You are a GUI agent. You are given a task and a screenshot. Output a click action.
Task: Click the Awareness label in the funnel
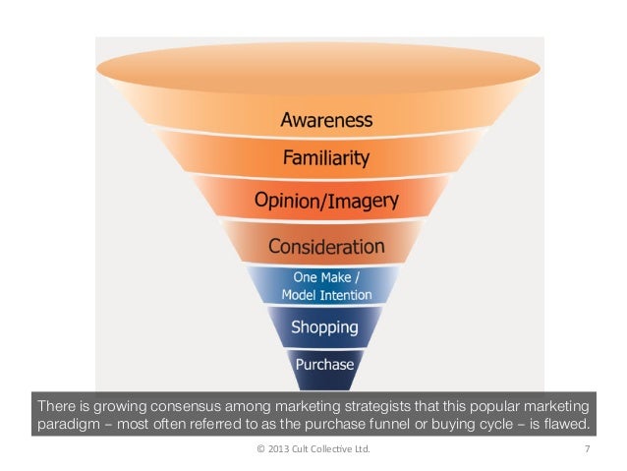click(326, 121)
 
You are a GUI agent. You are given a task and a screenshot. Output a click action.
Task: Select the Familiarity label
click(326, 156)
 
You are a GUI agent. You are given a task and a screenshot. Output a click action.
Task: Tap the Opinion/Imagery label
click(326, 201)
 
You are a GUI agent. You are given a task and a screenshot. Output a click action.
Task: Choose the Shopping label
click(325, 326)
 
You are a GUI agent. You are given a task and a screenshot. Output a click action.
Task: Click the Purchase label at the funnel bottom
click(325, 364)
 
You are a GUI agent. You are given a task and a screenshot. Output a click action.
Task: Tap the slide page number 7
click(586, 450)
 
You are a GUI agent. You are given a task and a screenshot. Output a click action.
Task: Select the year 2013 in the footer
click(274, 450)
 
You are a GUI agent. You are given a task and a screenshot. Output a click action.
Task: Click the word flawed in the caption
click(569, 425)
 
